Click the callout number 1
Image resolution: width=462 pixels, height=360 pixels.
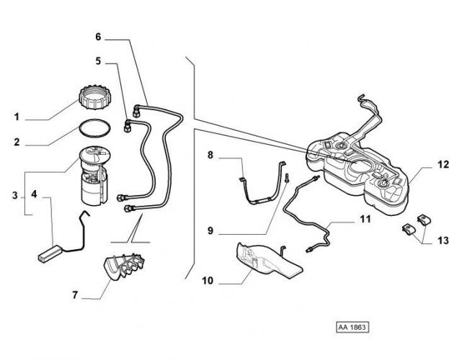coord(17,115)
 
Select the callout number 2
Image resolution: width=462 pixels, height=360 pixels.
coord(17,143)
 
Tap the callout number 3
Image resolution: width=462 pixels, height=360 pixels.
coord(17,194)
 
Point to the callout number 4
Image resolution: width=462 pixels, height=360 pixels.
coord(33,194)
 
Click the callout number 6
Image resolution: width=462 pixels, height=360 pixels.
coord(99,35)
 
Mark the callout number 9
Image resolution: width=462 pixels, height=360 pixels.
coord(210,231)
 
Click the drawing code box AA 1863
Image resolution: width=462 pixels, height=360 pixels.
coord(352,327)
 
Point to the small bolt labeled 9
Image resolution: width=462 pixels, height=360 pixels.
coord(286,177)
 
